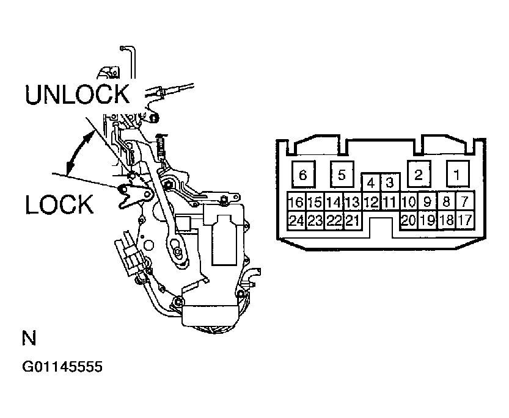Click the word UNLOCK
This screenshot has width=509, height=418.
pos(78,95)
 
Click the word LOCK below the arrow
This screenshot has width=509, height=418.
pos(59,204)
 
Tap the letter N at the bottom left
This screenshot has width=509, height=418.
pos(28,339)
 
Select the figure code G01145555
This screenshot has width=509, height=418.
pos(62,367)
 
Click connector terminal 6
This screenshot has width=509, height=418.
pos(302,175)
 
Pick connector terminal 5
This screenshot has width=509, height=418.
pos(342,175)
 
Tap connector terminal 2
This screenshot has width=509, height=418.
pos(419,175)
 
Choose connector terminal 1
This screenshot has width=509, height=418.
pos(456,175)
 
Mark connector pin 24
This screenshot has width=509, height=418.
pos(296,221)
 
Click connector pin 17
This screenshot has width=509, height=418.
pos(464,221)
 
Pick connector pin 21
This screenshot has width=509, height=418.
pos(353,221)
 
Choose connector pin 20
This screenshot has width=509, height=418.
pos(408,221)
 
